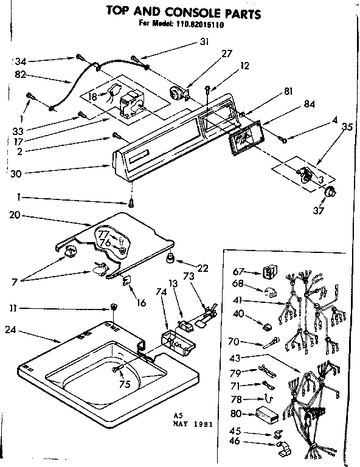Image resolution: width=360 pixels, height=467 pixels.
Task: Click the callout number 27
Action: pos(227,53)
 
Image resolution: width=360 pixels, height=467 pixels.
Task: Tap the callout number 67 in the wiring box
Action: pos(238,272)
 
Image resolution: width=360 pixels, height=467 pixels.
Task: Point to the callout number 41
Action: pos(238,300)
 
